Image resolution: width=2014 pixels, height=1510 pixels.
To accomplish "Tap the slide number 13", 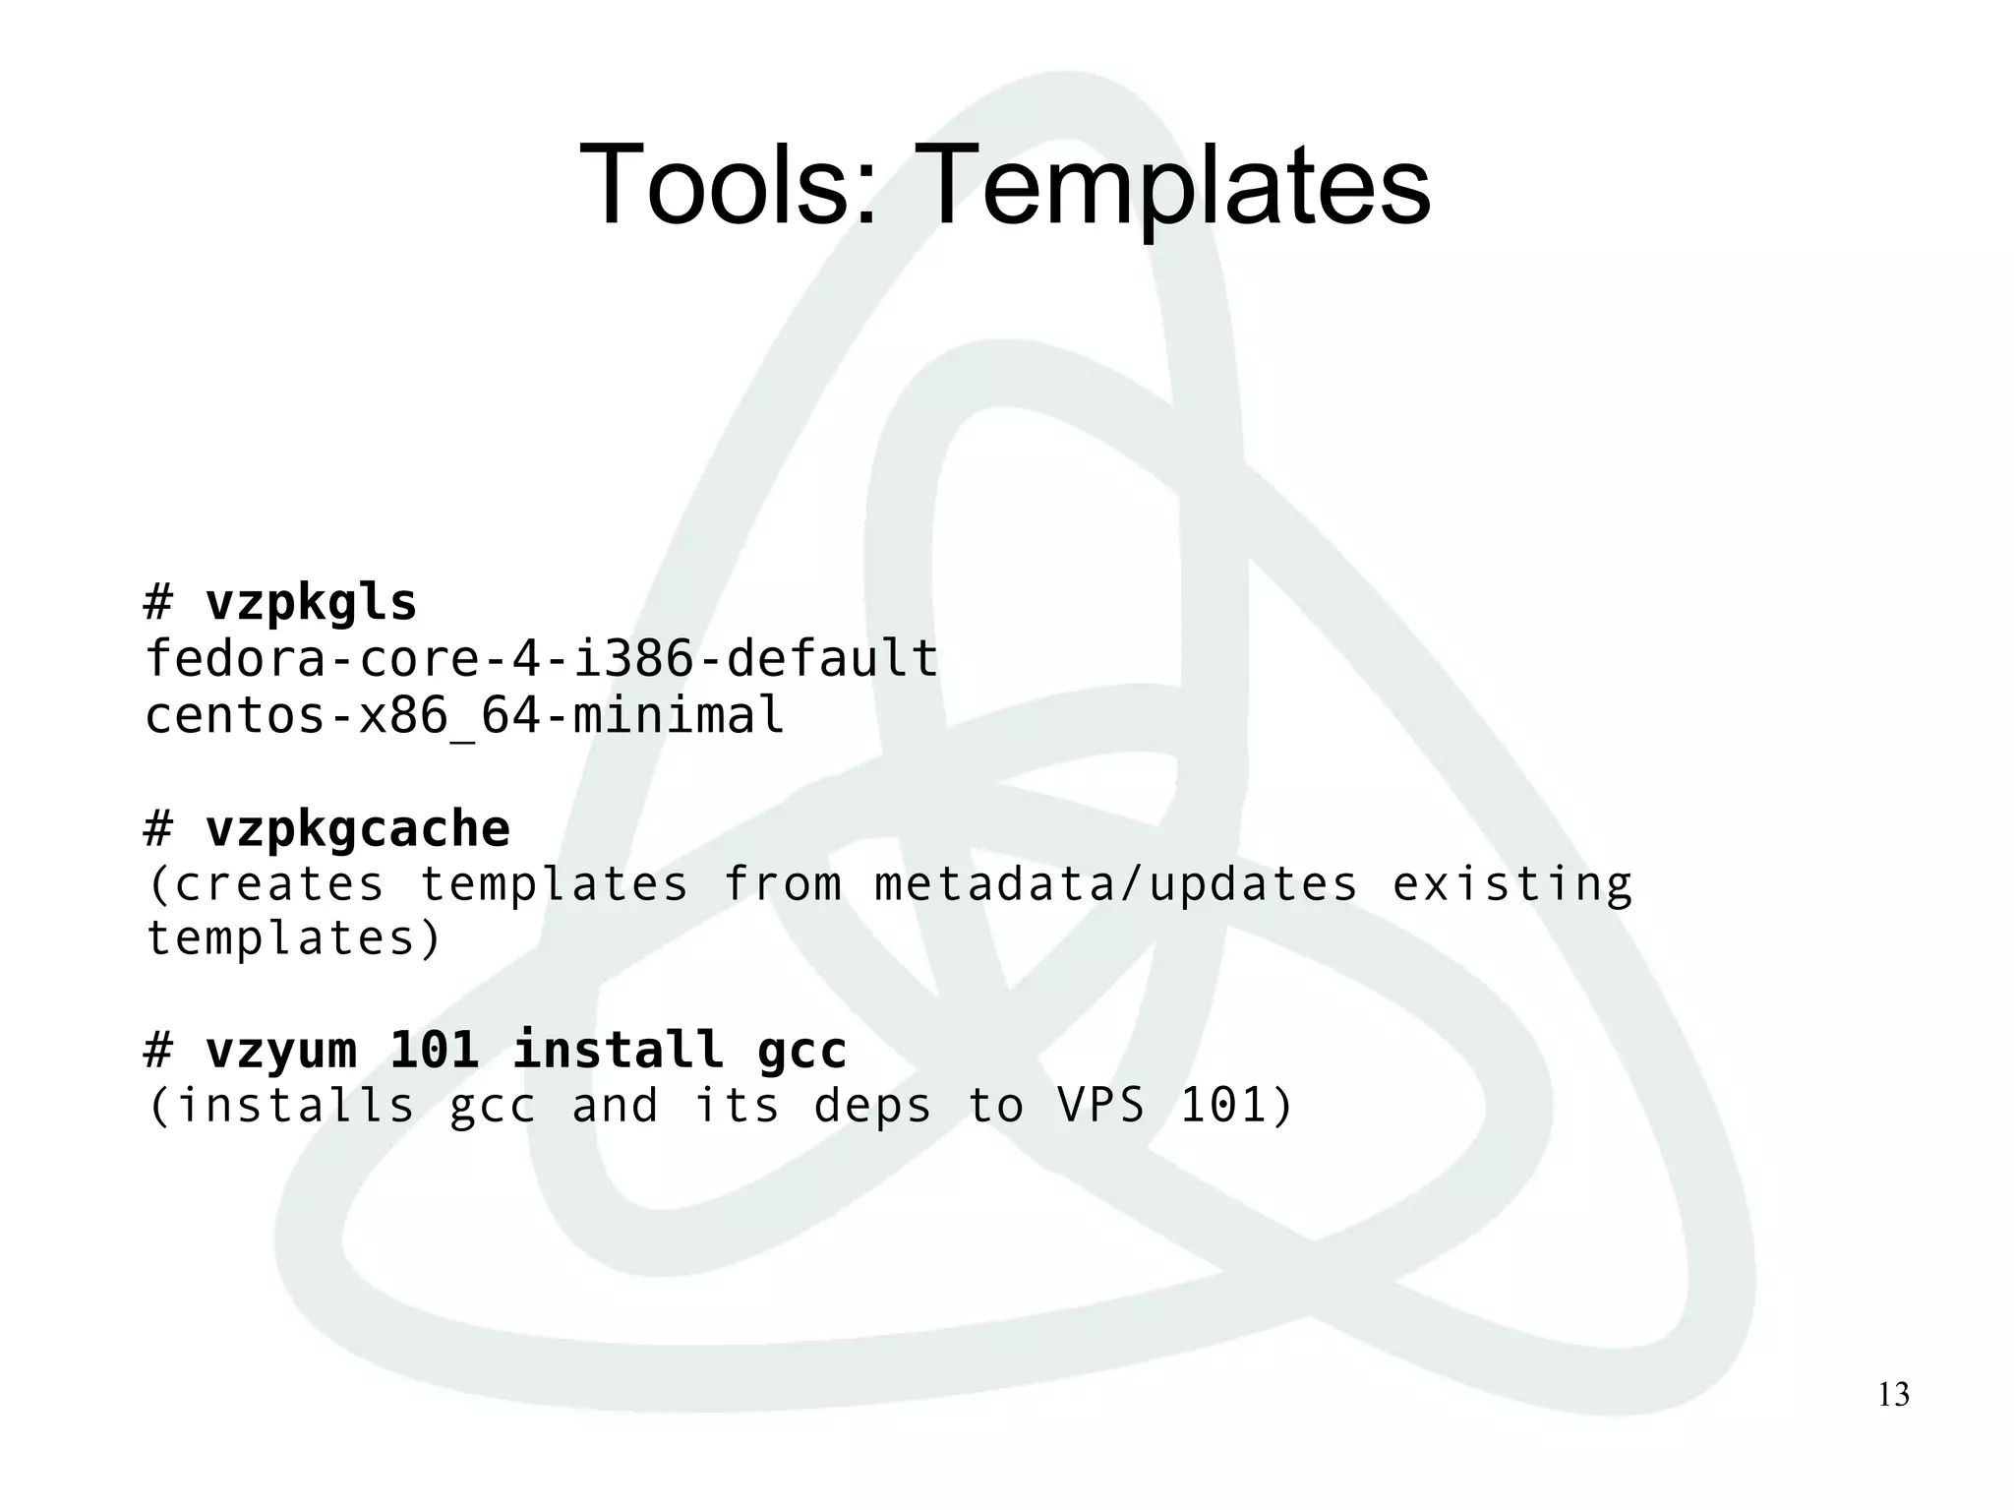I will tap(1893, 1394).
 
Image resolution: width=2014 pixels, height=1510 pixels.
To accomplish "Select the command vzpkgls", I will tap(311, 602).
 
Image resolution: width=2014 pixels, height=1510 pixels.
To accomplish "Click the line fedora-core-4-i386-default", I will tap(541, 657).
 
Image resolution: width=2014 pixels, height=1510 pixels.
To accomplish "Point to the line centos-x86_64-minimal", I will tap(464, 715).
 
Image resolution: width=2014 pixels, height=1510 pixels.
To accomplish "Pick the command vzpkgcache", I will tap(357, 828).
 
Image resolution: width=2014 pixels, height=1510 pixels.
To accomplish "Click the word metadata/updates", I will tap(1116, 883).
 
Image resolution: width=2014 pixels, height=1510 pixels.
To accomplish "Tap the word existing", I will tap(1511, 883).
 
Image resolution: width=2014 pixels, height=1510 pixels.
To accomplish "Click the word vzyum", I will tap(280, 1049).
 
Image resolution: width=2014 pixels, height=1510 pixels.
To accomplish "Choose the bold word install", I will tap(618, 1049).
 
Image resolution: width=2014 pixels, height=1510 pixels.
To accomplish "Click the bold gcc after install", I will tap(801, 1049).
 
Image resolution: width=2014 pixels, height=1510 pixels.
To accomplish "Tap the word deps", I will tap(872, 1105).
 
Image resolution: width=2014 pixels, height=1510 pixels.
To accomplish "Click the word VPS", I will tap(1101, 1105).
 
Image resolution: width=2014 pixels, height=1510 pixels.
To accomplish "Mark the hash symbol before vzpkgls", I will tap(158, 602).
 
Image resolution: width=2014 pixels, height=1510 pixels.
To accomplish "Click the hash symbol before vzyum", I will tap(158, 1049).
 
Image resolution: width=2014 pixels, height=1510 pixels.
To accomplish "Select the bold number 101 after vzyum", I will tap(434, 1049).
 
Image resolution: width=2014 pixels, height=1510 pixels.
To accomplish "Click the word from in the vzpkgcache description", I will tap(783, 883).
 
